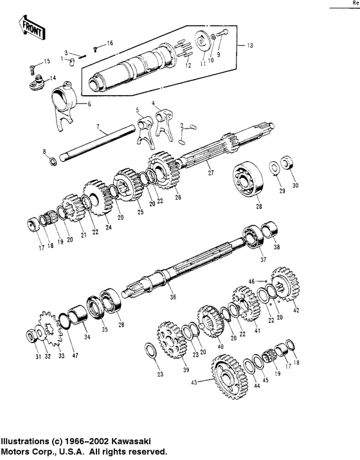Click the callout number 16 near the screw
109,42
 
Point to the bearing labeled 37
252,236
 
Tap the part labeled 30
289,165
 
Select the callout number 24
109,227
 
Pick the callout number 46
251,281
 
